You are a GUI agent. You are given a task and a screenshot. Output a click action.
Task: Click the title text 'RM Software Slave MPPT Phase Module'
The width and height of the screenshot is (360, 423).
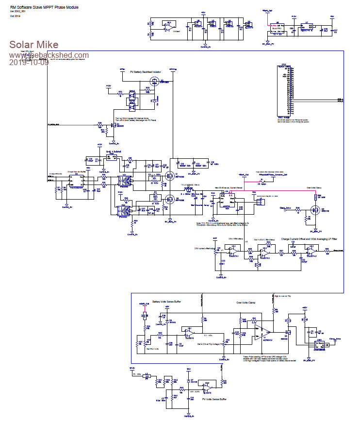(x=44, y=8)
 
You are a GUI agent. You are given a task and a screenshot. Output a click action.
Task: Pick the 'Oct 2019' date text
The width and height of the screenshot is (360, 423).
(x=15, y=17)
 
